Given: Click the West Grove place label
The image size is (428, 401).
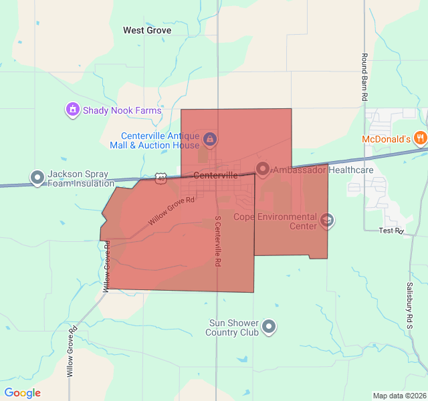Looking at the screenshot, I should click(147, 30).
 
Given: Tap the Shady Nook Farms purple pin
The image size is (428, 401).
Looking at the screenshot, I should click(72, 110).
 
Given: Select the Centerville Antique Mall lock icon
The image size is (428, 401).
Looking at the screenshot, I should click(210, 139).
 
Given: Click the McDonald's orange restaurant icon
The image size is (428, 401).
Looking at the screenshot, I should click(420, 139).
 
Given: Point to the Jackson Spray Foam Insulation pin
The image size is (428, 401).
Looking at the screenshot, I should click(37, 178).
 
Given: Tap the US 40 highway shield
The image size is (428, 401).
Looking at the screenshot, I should click(160, 178).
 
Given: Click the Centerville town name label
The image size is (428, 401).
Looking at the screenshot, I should click(215, 175).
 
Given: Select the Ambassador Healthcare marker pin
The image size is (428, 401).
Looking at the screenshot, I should click(262, 170).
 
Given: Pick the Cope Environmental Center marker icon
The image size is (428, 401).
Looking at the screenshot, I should click(326, 220).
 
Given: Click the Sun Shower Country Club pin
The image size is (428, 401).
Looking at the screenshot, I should click(269, 327).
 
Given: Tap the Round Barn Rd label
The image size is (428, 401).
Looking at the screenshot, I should click(364, 77).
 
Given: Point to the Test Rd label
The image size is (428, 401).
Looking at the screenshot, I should click(391, 231).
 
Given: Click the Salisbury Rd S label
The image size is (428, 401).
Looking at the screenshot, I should click(409, 304).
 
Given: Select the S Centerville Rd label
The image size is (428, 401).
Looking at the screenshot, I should click(217, 241).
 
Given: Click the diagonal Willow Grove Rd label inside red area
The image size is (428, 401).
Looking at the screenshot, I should click(171, 210).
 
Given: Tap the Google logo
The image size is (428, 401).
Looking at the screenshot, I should click(22, 393).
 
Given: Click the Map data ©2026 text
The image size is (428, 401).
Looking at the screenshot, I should click(399, 396).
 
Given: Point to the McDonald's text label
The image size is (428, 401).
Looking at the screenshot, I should click(386, 139).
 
